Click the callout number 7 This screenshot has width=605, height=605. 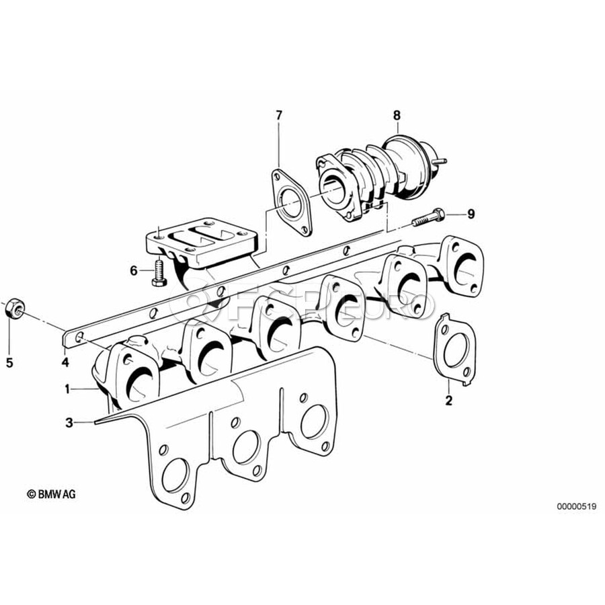point(278,115)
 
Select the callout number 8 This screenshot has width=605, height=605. point(397,115)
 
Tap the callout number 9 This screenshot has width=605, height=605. point(471,214)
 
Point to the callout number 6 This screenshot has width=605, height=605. point(134,271)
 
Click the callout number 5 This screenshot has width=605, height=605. point(9,363)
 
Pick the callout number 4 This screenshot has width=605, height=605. point(65,362)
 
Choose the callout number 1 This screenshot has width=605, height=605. point(67,389)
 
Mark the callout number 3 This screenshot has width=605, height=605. point(69,423)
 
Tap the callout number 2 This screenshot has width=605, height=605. point(448,401)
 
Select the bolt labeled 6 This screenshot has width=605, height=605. point(159,273)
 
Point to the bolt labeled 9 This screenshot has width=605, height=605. point(428,217)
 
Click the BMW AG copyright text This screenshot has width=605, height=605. point(51,494)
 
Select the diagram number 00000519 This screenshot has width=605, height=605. point(577,506)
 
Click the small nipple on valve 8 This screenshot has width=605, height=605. point(440,161)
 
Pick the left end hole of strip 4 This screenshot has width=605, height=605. point(79,338)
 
